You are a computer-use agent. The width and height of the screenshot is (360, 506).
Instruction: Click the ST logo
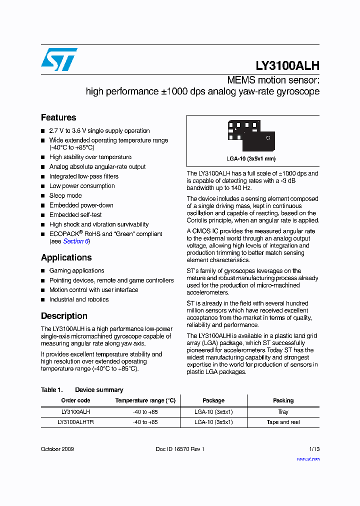(x=59, y=59)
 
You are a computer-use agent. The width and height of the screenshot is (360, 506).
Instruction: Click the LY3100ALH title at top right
(x=287, y=66)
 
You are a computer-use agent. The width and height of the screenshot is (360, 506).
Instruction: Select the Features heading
(x=58, y=117)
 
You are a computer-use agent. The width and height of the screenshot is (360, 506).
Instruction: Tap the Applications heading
(x=66, y=257)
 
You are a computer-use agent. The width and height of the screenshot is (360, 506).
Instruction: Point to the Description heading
(x=64, y=316)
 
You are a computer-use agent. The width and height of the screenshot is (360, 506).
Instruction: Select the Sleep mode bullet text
(x=65, y=195)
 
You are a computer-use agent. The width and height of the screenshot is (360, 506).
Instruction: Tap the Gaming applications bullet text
(x=76, y=270)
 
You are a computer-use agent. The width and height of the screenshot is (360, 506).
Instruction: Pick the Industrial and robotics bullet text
(x=79, y=299)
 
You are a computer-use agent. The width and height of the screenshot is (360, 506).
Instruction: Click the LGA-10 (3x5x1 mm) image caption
(x=250, y=158)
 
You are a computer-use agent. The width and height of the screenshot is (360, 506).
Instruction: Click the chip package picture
(x=251, y=135)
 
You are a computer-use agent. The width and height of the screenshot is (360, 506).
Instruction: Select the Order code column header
(x=75, y=400)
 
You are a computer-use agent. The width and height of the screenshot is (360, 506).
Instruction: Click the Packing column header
(x=283, y=400)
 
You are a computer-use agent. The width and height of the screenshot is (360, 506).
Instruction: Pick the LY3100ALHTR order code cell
(x=75, y=422)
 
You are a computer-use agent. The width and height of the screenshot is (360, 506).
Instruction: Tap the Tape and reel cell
(x=283, y=422)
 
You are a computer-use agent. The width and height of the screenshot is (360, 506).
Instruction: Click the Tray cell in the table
(x=283, y=412)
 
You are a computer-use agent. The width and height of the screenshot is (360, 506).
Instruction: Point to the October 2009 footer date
(x=57, y=449)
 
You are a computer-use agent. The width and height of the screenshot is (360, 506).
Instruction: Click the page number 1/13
(x=314, y=449)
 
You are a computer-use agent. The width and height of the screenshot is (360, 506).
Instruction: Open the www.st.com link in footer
(x=308, y=458)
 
